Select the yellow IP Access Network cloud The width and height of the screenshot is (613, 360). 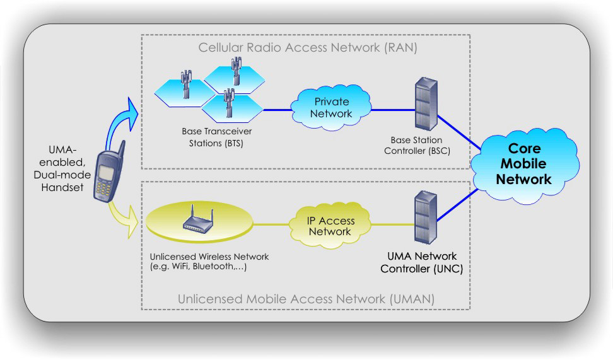[330, 226]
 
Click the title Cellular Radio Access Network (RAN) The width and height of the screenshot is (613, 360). [308, 47]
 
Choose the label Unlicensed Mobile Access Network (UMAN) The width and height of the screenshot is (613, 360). [306, 299]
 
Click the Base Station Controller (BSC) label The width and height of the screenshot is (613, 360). [416, 144]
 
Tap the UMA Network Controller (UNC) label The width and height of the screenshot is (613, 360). [421, 263]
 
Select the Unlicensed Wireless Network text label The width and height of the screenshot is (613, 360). [209, 262]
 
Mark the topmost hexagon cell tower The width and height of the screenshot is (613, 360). [236, 71]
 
